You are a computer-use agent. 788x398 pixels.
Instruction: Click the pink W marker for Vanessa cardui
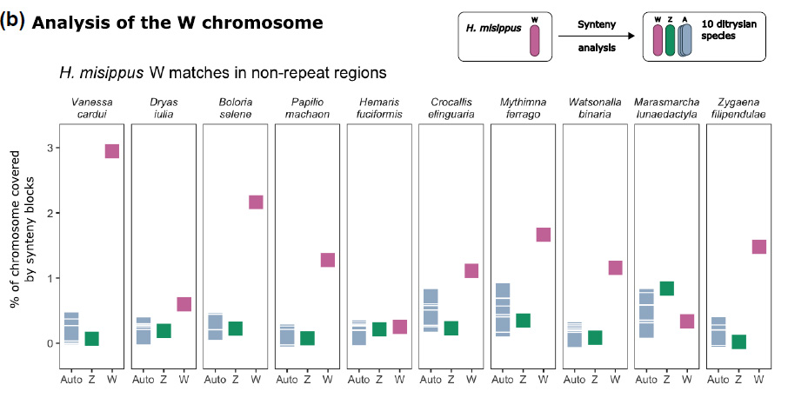(111, 151)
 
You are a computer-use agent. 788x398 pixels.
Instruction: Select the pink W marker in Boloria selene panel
(256, 202)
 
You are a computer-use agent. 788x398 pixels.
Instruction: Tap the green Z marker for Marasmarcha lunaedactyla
(667, 289)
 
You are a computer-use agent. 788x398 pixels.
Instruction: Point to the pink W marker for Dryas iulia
(184, 304)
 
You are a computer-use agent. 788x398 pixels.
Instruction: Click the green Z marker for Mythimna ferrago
(523, 320)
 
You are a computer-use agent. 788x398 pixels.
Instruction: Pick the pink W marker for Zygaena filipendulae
(758, 246)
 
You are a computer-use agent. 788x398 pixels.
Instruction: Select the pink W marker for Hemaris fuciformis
(400, 327)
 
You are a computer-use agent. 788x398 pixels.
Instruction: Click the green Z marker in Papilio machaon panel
(307, 338)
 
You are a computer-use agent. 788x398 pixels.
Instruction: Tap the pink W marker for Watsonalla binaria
(615, 268)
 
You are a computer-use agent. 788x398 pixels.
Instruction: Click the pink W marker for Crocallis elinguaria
(471, 270)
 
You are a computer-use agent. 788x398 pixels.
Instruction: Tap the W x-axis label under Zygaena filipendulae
(759, 379)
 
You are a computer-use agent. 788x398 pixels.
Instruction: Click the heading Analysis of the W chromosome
(177, 23)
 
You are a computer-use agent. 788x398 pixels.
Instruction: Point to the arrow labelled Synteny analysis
(595, 37)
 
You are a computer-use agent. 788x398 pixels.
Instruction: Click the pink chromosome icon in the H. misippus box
(534, 39)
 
